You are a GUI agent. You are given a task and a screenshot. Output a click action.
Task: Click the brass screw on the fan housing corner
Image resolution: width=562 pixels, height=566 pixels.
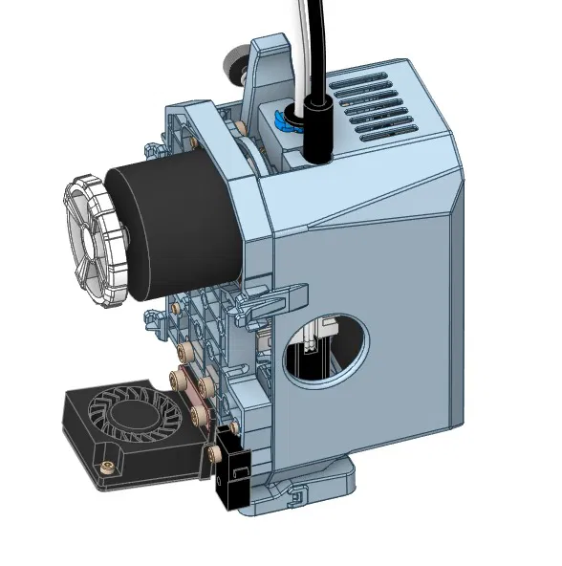pyautogui.click(x=106, y=468)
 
